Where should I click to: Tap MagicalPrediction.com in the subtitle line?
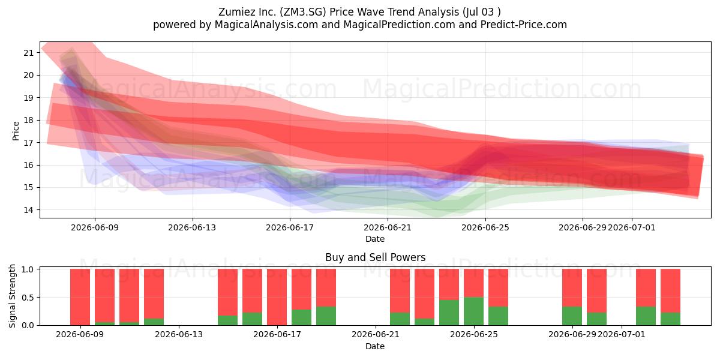tap(399, 25)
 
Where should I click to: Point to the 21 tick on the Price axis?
tap(29, 53)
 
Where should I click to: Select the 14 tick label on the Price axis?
tap(29, 210)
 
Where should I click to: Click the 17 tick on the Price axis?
tap(29, 143)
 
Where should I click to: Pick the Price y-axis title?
tap(16, 131)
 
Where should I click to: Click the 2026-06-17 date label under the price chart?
tap(290, 227)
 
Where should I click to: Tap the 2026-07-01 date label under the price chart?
tap(632, 227)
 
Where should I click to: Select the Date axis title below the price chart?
tap(375, 239)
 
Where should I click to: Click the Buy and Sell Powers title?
tap(375, 257)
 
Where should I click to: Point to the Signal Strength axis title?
tap(12, 296)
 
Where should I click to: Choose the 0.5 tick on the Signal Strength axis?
tap(28, 298)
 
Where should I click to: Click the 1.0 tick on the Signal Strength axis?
tap(28, 269)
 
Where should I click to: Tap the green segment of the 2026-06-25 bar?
tap(473, 311)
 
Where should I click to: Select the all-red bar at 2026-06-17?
tap(277, 297)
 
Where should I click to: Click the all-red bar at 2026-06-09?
tap(80, 297)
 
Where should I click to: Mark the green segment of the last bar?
tap(670, 319)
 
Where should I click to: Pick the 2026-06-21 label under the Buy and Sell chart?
tap(376, 334)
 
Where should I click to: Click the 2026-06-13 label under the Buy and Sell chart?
tap(179, 334)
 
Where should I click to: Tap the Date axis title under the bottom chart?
tap(375, 346)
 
